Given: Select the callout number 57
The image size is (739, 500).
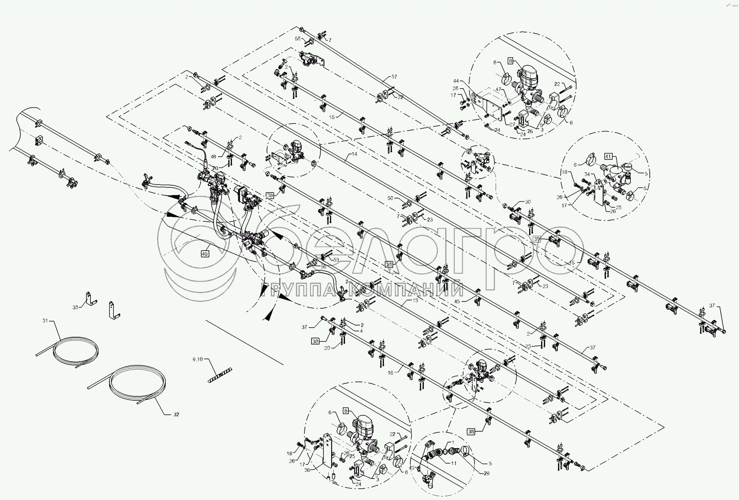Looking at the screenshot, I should point(394,77).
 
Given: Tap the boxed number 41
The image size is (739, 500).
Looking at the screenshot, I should point(608,157).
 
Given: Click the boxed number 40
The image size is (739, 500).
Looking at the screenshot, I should point(205,254).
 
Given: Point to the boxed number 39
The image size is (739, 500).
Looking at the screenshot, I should point(537,239).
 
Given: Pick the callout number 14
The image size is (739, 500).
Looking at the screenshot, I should point(354,154).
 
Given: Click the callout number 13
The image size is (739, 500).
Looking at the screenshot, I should point(415,300).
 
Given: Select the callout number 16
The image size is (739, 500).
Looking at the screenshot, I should point(390,373).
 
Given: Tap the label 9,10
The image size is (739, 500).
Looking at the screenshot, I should point(197,359).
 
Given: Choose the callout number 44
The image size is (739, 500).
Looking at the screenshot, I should point(465,81).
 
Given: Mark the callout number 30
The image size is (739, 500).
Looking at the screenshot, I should point(528,202).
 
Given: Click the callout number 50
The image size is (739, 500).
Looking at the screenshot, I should point(390,198).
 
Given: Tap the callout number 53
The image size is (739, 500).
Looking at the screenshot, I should point(336,260).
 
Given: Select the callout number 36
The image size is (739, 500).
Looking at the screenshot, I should point(307,470).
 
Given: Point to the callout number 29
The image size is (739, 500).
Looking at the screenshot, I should point(487,473).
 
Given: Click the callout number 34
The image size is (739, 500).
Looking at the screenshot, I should point(587,174).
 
